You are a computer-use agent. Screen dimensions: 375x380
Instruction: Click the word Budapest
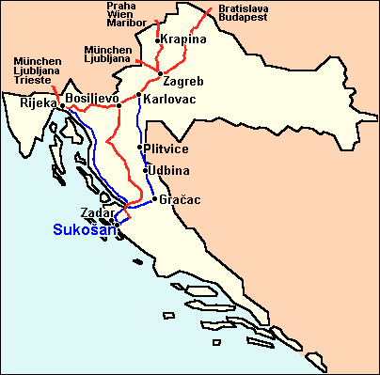click(x=241, y=17)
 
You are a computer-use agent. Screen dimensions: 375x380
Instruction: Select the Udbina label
click(x=169, y=170)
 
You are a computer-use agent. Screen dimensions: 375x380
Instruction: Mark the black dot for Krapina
click(x=157, y=41)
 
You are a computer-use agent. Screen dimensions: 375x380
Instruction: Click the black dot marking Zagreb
click(x=162, y=73)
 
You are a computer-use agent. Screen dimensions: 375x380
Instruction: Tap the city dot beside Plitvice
click(x=141, y=148)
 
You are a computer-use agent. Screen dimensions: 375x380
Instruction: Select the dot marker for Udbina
click(x=146, y=170)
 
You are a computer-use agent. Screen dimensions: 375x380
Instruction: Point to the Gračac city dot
click(x=153, y=199)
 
